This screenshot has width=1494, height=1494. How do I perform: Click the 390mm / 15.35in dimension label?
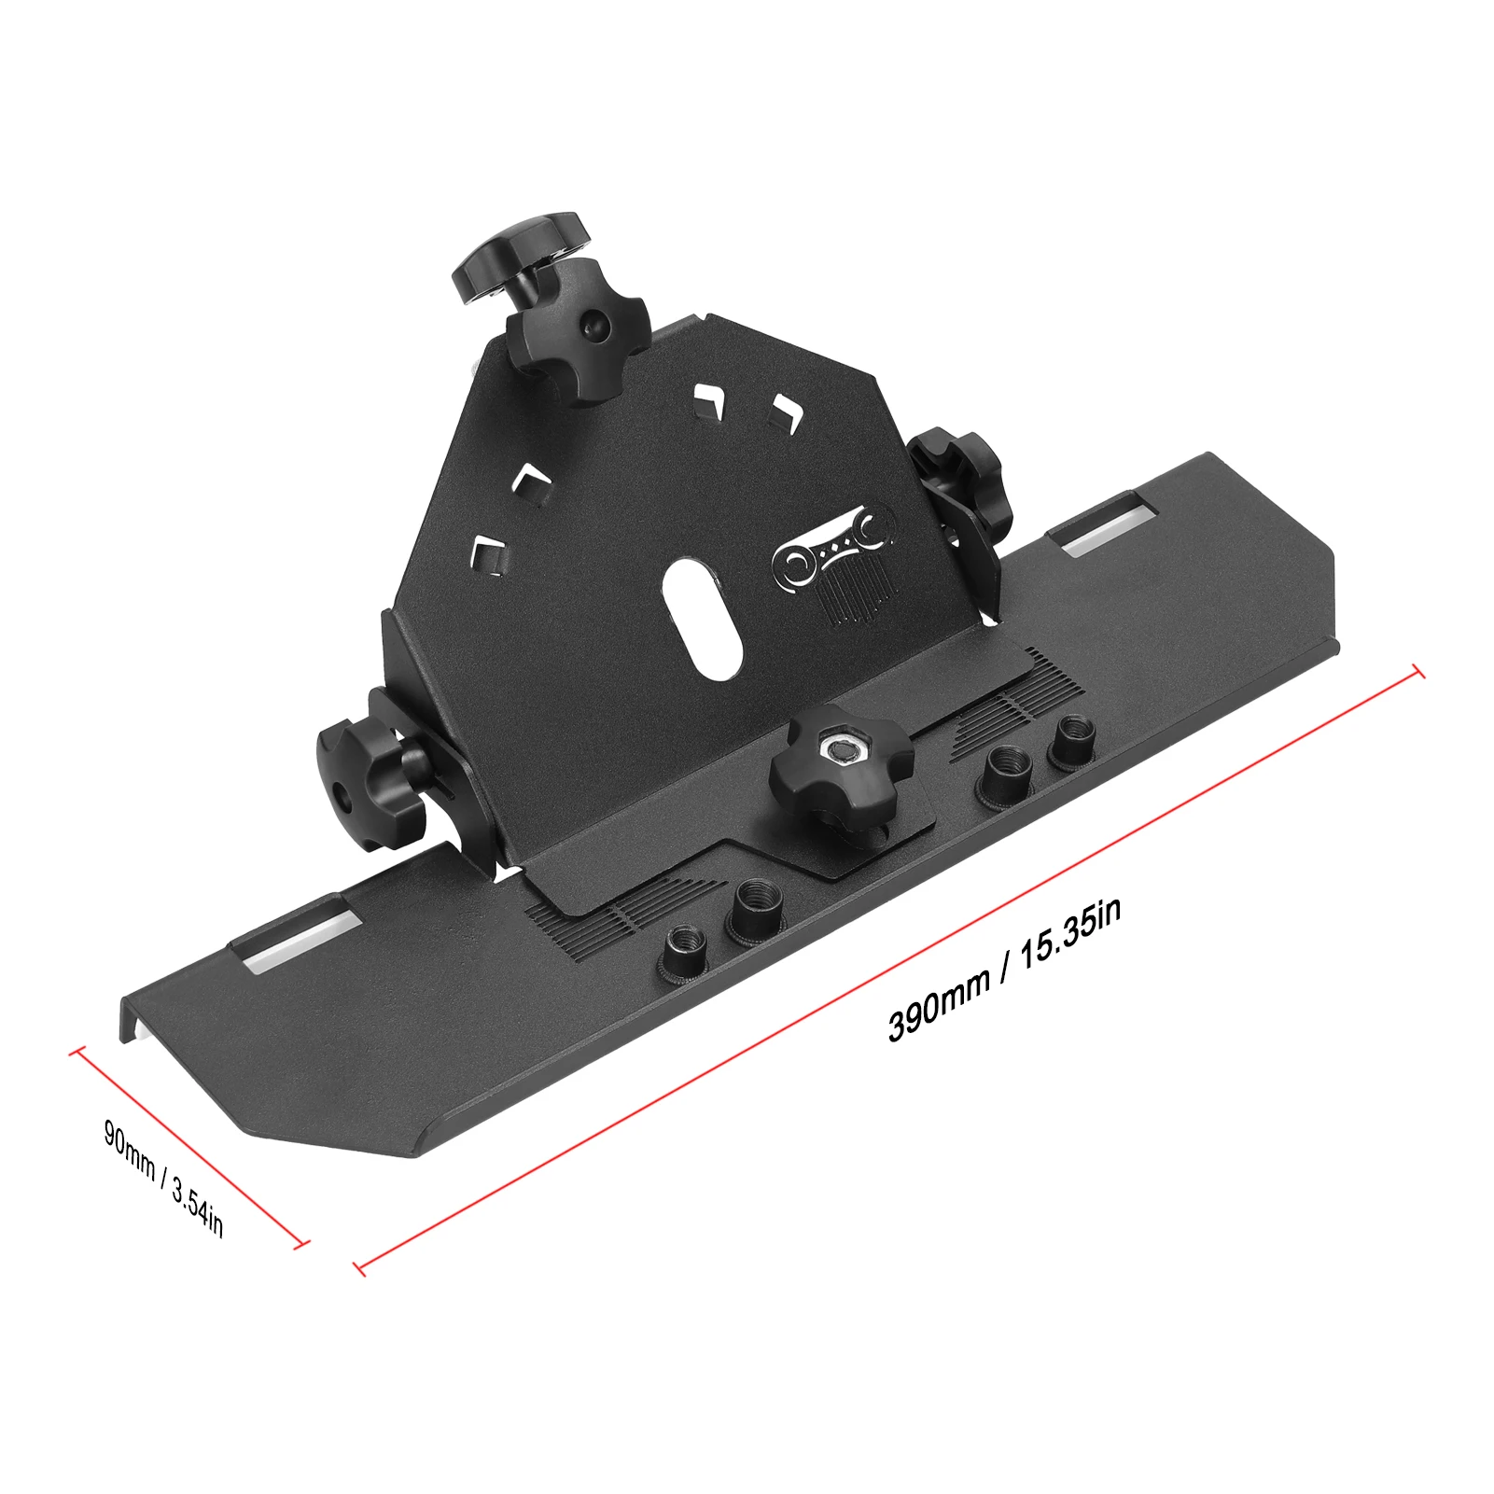coord(1004,970)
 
